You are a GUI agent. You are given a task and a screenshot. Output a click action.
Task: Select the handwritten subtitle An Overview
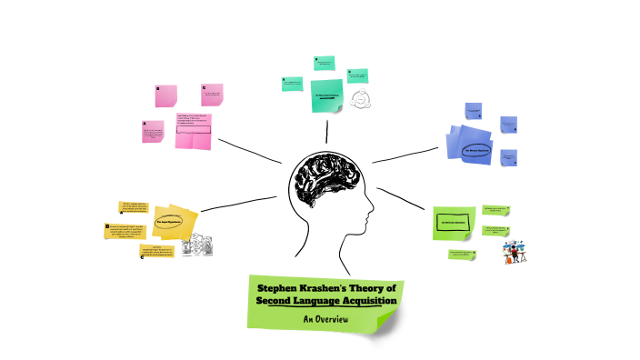click(x=325, y=318)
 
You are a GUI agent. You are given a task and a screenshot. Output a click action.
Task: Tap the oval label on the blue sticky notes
click(x=475, y=150)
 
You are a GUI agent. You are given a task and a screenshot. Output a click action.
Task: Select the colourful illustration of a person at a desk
click(x=515, y=251)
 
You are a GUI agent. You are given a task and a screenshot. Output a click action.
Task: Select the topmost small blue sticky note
click(x=473, y=111)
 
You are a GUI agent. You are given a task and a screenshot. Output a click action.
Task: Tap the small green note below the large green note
click(x=463, y=255)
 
